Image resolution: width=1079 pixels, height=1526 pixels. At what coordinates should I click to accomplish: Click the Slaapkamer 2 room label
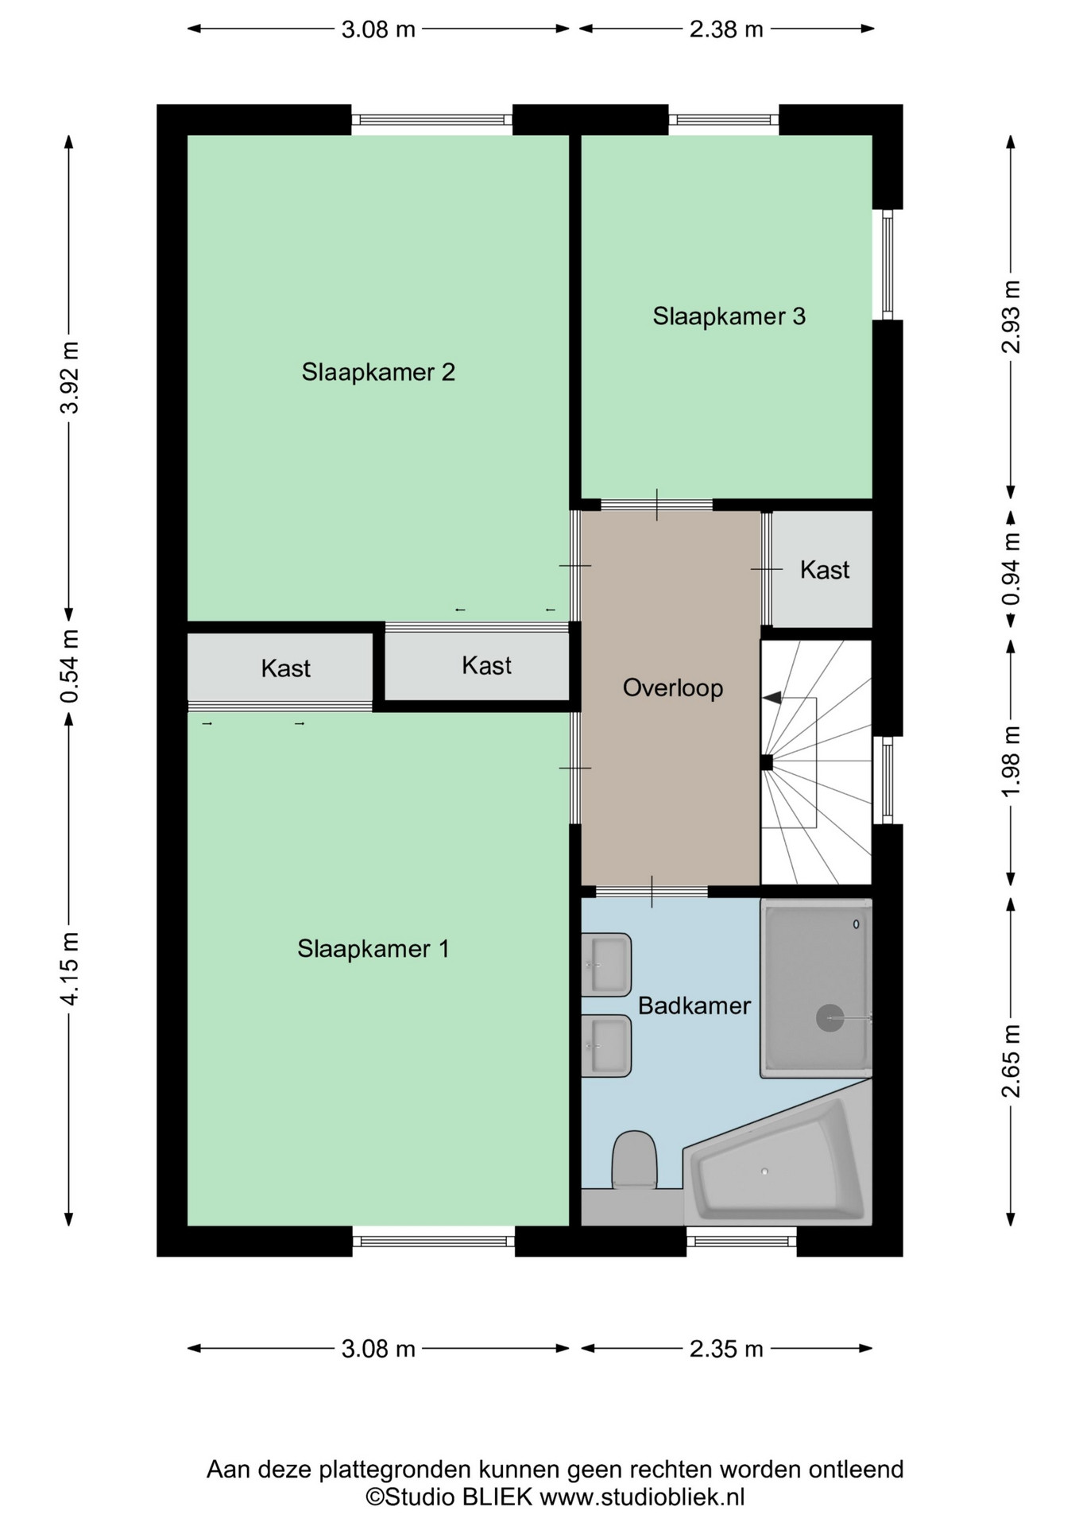point(378,372)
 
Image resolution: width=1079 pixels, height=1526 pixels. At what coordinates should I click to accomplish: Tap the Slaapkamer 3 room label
point(729,316)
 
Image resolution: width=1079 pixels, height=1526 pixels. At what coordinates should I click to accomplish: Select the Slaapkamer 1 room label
point(373,948)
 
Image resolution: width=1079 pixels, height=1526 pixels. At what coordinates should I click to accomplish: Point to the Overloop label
point(672,687)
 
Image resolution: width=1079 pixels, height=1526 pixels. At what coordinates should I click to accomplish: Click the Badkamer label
point(694,1005)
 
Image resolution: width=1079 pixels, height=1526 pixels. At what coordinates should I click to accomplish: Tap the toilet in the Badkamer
point(634,1160)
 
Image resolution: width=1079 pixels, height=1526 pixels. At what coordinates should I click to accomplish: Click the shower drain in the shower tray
point(830,1018)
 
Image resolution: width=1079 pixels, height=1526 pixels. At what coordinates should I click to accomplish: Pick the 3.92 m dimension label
point(70,377)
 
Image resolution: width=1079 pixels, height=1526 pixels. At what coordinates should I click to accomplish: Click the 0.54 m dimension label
point(70,666)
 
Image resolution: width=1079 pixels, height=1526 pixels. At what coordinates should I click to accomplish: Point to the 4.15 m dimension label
point(70,968)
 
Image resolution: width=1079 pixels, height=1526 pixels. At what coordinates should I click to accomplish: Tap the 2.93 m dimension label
point(1011,316)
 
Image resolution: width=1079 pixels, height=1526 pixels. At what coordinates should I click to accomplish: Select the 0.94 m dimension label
point(1011,568)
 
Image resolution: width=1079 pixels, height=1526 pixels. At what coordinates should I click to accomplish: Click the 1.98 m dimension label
point(1011,761)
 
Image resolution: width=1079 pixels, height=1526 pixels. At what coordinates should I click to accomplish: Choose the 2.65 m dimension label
point(1011,1061)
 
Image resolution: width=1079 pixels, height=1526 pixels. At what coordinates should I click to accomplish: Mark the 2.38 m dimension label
point(726,29)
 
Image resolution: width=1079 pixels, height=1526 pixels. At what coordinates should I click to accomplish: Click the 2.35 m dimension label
point(726,1349)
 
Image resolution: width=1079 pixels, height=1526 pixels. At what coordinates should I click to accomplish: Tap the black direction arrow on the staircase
point(772,698)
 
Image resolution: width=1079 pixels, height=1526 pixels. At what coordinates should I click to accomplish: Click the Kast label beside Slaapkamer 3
point(825,570)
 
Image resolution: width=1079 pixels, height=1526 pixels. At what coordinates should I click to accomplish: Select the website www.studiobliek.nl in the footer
point(642,1497)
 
